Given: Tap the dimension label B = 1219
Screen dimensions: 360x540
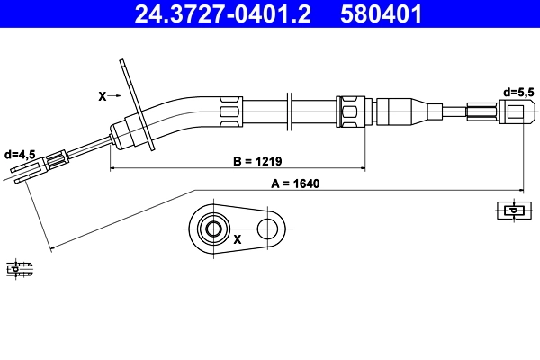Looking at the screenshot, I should (257, 161).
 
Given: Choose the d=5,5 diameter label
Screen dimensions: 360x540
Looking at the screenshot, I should (519, 92).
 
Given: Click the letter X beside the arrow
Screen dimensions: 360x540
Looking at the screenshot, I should (101, 94).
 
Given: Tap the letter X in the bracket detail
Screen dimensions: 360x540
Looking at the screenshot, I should (238, 240).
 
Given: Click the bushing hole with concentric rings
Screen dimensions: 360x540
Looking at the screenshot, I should (214, 229).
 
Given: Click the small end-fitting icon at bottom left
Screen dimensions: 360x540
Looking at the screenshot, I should (19, 267).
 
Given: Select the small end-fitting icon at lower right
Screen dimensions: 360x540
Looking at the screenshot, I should (510, 211).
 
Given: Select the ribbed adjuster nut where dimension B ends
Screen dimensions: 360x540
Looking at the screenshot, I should (349, 112).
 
